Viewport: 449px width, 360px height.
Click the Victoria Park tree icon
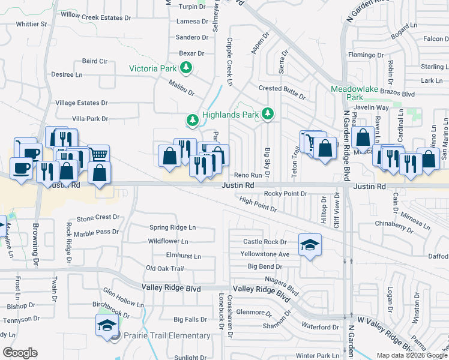point(187,68)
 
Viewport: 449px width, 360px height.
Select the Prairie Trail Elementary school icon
point(106,327)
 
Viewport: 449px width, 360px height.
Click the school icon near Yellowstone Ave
point(310,245)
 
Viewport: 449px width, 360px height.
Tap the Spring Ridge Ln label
point(172,227)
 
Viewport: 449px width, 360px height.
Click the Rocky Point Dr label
point(286,194)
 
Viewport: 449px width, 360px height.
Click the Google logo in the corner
point(20,353)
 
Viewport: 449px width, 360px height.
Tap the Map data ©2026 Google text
point(412,355)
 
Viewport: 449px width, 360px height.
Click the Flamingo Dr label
point(361,55)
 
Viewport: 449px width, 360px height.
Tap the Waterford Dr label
point(321,327)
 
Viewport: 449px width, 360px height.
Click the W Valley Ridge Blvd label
point(384,332)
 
